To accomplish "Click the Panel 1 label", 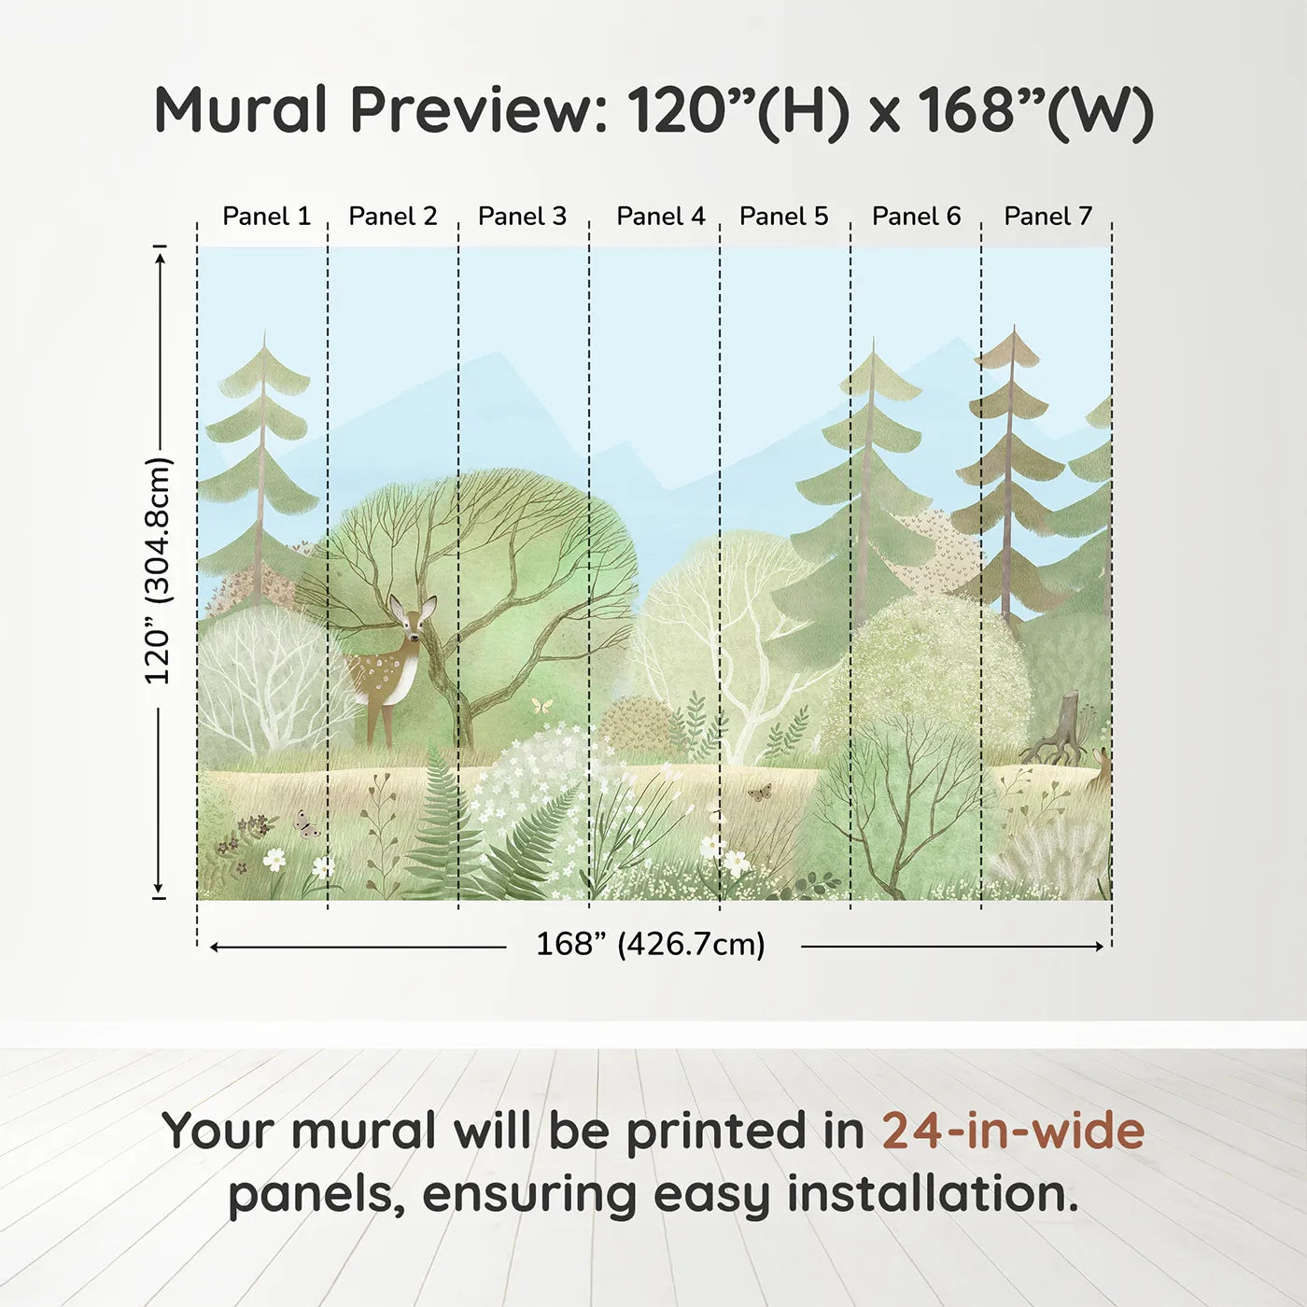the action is [x=266, y=216].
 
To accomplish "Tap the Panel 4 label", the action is [x=661, y=216].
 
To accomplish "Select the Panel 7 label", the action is [x=1047, y=216].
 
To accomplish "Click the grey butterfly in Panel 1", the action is [x=306, y=824].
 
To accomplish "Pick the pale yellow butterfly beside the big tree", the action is [x=541, y=706].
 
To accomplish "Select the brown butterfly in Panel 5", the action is [x=760, y=792].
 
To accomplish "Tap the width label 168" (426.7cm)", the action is [x=651, y=944].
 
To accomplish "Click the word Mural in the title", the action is [x=242, y=109].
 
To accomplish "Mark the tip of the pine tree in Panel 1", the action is [x=264, y=331].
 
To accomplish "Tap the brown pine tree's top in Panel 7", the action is [x=1014, y=326].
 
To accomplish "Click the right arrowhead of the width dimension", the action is [x=1100, y=946].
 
